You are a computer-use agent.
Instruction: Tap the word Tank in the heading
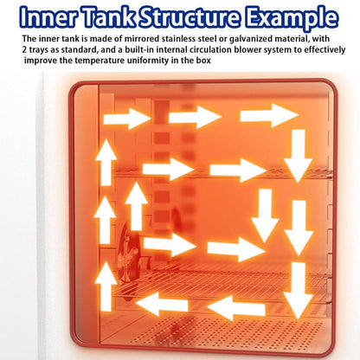[x=110, y=16]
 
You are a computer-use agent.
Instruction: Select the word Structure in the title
[x=190, y=16]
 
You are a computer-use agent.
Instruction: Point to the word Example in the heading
[x=292, y=18]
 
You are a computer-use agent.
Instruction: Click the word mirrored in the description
[x=138, y=38]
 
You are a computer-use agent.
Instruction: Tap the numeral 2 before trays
[x=24, y=49]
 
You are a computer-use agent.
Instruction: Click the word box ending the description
[x=204, y=61]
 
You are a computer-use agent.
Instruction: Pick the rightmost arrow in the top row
[x=269, y=115]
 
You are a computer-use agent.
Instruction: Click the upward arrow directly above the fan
[x=136, y=206]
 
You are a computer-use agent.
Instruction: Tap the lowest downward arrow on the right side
[x=298, y=291]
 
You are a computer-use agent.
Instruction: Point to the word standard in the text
[x=79, y=49]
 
